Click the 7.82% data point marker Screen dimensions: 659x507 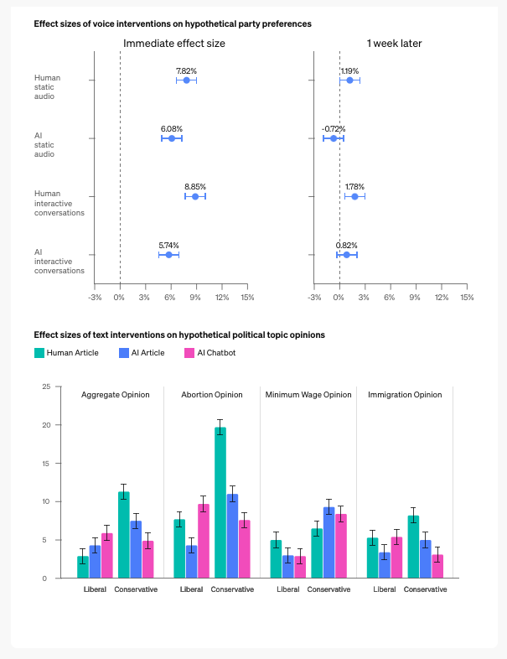tap(186, 80)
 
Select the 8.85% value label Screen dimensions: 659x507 tap(195, 186)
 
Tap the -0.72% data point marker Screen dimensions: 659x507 tap(333, 138)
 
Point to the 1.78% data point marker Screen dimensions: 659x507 tap(354, 196)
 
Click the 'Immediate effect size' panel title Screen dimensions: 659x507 tap(174, 43)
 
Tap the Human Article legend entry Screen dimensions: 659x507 tap(66, 353)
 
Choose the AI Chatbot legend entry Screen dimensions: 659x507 tap(210, 353)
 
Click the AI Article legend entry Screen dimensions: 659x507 tap(141, 353)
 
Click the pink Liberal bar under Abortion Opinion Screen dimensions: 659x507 tap(204, 541)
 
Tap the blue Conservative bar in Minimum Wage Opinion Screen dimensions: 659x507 tap(329, 542)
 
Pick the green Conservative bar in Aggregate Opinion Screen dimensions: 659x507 tap(124, 534)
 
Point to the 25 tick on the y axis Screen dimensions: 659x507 tap(46, 387)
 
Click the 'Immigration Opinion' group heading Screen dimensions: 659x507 tap(405, 395)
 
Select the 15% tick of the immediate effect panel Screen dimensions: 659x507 tap(247, 297)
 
